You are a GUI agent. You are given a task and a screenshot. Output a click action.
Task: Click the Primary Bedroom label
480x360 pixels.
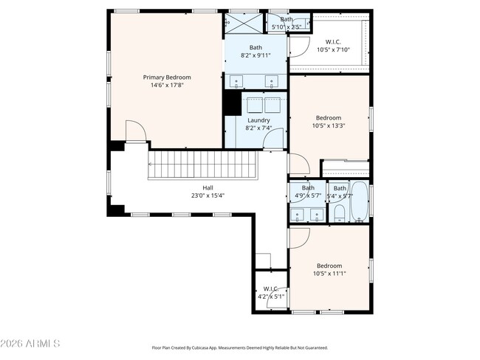pyautogui.click(x=167, y=77)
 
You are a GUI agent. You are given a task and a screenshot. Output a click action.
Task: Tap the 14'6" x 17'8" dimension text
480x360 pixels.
pyautogui.click(x=167, y=86)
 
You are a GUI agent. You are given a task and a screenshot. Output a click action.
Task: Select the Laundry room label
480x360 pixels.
pyautogui.click(x=258, y=120)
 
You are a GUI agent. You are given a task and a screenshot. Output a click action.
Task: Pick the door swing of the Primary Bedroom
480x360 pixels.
pyautogui.click(x=135, y=131)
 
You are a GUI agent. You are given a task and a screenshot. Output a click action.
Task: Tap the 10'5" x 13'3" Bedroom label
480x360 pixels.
pyautogui.click(x=329, y=122)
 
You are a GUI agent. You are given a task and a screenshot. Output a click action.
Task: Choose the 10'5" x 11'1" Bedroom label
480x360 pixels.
pyautogui.click(x=329, y=269)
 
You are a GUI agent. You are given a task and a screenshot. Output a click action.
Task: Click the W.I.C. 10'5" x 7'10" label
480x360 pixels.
pyautogui.click(x=333, y=46)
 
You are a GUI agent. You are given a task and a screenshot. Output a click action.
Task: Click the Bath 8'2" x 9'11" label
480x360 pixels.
pyautogui.click(x=255, y=51)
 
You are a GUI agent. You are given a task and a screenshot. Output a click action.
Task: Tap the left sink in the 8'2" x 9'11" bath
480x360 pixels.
pyautogui.click(x=237, y=82)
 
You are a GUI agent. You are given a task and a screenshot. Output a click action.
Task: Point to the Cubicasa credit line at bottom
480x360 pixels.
pyautogui.click(x=239, y=347)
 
